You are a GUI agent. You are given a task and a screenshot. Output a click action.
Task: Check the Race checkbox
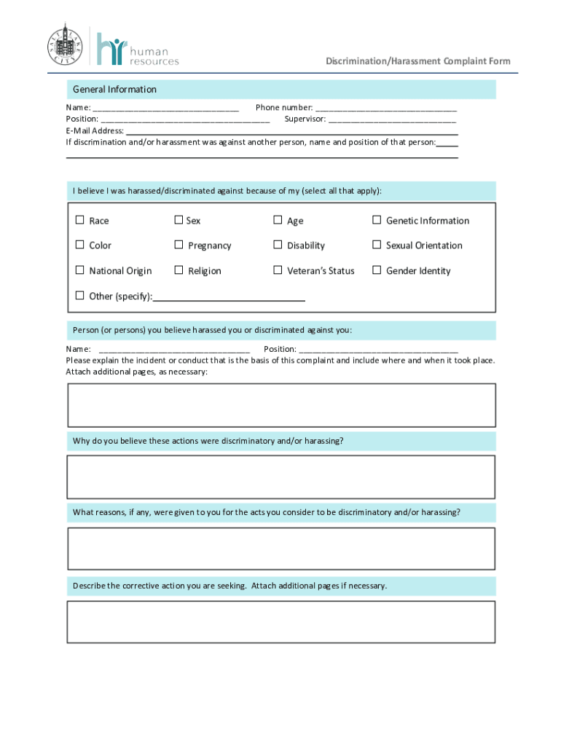79,220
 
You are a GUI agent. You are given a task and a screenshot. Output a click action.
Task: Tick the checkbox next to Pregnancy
178,245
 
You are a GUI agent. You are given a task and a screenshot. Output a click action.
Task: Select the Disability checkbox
278,245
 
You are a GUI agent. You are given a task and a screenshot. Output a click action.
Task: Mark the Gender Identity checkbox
377,270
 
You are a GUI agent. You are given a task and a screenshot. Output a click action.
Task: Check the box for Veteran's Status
278,270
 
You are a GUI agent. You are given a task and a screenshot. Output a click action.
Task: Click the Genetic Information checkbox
377,220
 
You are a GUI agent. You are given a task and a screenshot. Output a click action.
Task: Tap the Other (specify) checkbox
79,295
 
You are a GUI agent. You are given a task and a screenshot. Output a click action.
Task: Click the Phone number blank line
385,108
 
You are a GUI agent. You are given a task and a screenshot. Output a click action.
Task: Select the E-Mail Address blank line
291,131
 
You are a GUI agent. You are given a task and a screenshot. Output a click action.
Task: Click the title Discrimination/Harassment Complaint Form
417,61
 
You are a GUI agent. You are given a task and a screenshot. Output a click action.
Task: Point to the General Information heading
114,90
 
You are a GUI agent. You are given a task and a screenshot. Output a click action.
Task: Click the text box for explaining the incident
281,405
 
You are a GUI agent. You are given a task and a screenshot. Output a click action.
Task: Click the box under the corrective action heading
281,621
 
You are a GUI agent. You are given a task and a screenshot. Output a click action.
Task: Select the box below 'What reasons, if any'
281,549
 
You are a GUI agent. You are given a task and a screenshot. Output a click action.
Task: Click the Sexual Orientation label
424,246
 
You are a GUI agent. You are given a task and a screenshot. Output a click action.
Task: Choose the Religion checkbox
178,270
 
